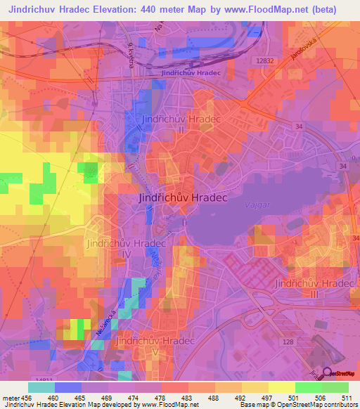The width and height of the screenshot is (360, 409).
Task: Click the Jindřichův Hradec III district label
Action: click(x=308, y=287)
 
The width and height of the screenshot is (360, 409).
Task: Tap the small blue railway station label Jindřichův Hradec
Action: click(x=191, y=72)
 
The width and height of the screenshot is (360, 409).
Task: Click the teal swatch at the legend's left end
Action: click(x=41, y=387)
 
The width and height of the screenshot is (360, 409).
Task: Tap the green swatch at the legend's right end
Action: click(x=335, y=387)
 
